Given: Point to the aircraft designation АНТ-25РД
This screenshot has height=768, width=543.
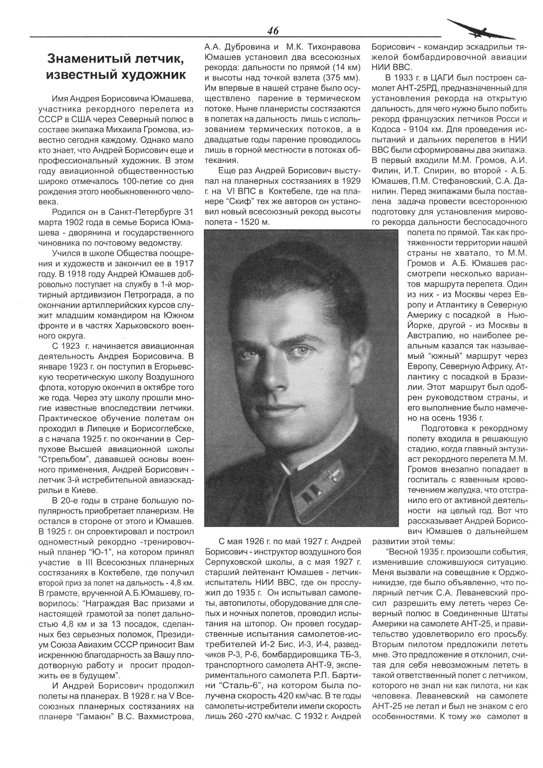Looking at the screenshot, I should click(x=420, y=88).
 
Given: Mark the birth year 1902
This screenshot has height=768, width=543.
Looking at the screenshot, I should click(x=74, y=222).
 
